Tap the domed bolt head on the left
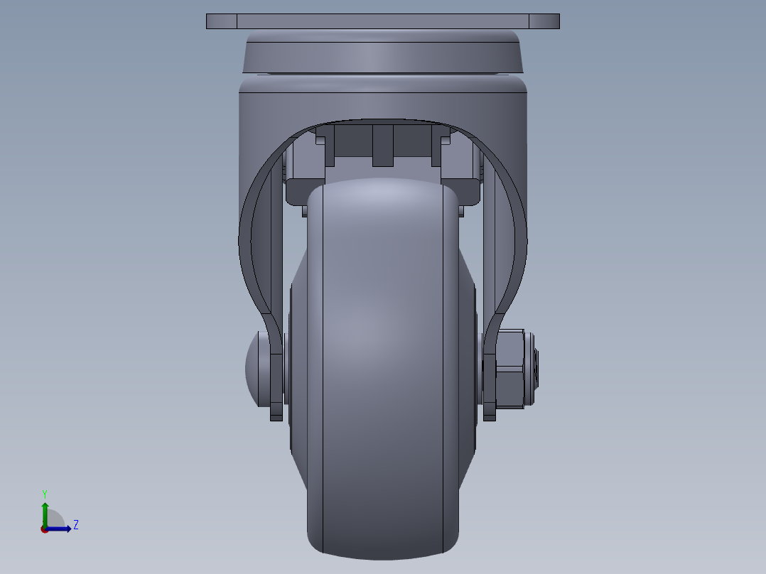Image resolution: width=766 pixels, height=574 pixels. pyautogui.click(x=257, y=368)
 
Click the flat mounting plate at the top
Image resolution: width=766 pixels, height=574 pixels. pyautogui.click(x=382, y=21)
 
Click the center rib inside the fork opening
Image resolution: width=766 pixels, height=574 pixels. pyautogui.click(x=382, y=145)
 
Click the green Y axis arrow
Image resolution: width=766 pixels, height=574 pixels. pyautogui.click(x=45, y=510)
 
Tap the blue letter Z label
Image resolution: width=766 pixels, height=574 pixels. pyautogui.click(x=75, y=525)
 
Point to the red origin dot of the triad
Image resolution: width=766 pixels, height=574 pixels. pyautogui.click(x=44, y=529)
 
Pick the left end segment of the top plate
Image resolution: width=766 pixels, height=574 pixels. pyautogui.click(x=221, y=21)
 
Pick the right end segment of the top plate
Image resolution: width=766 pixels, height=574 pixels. pyautogui.click(x=544, y=21)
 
